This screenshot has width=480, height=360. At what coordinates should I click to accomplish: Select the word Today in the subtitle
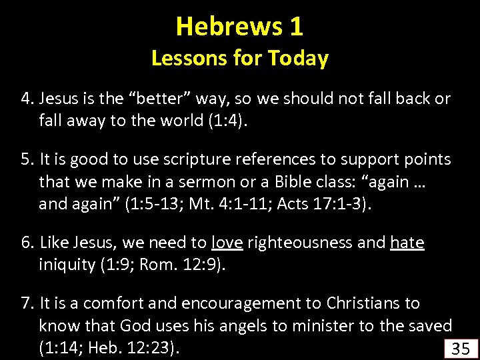[298, 59]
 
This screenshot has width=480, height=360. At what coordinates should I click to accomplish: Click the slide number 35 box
[461, 349]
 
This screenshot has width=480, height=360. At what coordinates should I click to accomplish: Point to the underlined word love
[227, 243]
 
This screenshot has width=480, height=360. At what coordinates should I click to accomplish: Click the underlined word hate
[407, 243]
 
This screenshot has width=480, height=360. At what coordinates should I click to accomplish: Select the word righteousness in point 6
[301, 243]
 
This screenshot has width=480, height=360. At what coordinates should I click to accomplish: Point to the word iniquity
[67, 265]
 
